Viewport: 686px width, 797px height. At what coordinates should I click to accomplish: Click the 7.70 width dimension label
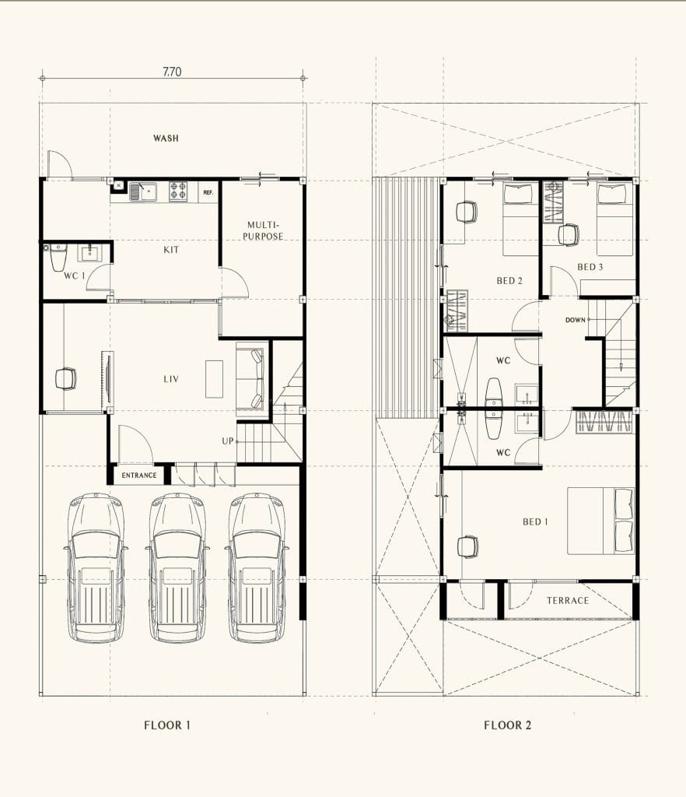pyautogui.click(x=172, y=72)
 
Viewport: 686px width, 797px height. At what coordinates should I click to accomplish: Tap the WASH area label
pyautogui.click(x=166, y=138)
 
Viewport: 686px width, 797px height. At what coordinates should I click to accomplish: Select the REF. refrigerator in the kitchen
pyautogui.click(x=208, y=192)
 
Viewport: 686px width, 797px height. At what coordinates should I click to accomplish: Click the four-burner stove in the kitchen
pyautogui.click(x=178, y=191)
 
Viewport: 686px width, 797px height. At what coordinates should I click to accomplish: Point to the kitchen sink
pyautogui.click(x=142, y=191)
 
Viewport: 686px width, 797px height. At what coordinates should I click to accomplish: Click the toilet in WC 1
pyautogui.click(x=58, y=257)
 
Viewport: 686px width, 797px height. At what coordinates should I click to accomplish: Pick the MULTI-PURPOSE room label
pyautogui.click(x=263, y=230)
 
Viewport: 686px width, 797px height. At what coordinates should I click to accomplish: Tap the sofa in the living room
pyautogui.click(x=252, y=379)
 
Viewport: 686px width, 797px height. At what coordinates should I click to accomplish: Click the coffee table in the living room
pyautogui.click(x=215, y=379)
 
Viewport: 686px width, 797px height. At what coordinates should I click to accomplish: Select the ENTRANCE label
pyautogui.click(x=139, y=476)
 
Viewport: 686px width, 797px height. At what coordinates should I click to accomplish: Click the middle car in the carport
pyautogui.click(x=177, y=567)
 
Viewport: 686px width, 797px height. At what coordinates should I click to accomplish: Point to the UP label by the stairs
pyautogui.click(x=227, y=441)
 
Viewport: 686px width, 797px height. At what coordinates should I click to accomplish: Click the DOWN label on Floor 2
pyautogui.click(x=576, y=320)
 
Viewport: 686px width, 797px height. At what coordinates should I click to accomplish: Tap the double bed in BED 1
pyautogui.click(x=600, y=521)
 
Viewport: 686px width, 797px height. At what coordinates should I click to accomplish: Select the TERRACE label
pyautogui.click(x=568, y=600)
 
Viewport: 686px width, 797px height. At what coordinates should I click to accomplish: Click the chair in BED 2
pyautogui.click(x=467, y=212)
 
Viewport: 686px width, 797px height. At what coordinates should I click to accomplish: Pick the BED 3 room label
pyautogui.click(x=590, y=267)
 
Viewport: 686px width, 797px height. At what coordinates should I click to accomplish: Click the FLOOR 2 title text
pyautogui.click(x=508, y=725)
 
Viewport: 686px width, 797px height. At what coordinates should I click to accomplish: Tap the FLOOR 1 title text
pyautogui.click(x=167, y=725)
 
